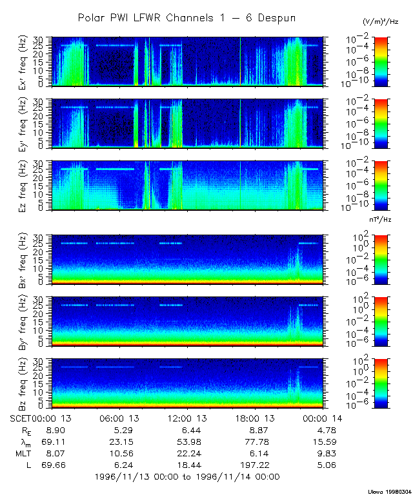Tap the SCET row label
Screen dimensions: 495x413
21,418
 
